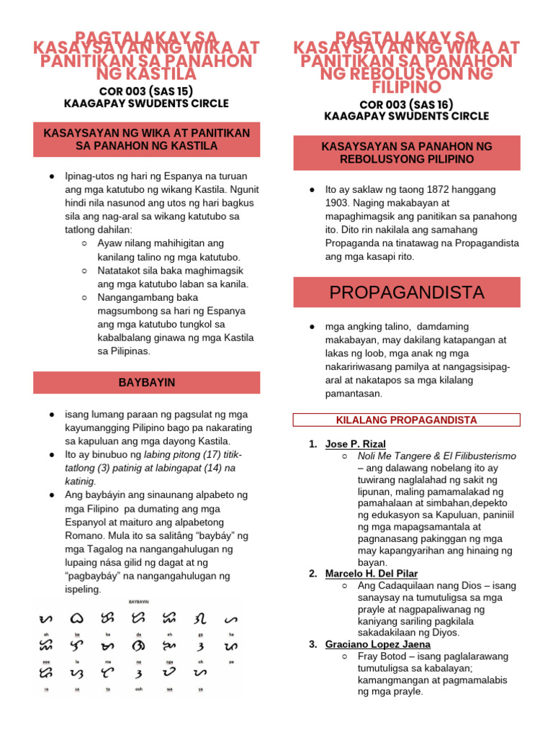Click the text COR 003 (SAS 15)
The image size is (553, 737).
146,91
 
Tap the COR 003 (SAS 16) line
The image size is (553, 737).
407,104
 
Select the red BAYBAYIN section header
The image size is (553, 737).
147,382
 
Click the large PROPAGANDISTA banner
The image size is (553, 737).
407,292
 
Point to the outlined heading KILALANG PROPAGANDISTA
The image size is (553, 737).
406,420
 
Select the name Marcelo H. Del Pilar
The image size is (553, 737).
371,574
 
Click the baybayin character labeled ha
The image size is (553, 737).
231,618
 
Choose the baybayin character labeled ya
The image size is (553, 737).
199,672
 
